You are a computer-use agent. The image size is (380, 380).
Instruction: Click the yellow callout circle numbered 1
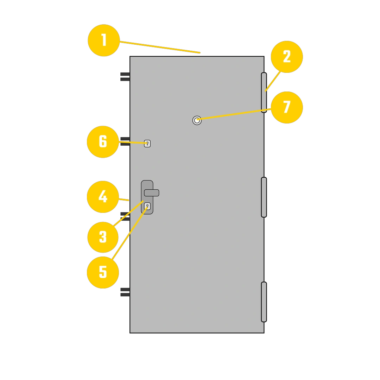point(104,40)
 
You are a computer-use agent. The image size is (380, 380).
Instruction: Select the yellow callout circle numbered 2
point(287,57)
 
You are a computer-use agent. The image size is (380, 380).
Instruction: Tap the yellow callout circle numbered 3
point(103,237)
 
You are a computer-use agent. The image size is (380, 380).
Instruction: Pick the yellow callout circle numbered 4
point(103,197)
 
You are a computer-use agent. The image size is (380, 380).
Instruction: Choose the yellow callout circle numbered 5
point(103,272)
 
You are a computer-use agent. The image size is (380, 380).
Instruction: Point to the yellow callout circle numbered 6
point(103,142)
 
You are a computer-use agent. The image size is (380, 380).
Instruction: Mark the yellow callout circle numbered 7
point(287,107)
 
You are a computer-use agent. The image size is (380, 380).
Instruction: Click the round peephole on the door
point(197,120)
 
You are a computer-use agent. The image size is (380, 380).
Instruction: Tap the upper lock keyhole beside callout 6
point(147,144)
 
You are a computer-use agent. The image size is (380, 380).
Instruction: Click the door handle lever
point(152,193)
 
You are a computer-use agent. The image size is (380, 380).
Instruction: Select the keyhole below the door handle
point(147,206)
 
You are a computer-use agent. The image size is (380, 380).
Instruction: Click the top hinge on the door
point(264,93)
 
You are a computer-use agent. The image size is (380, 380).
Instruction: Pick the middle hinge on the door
point(264,197)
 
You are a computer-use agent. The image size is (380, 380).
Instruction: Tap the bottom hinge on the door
point(264,302)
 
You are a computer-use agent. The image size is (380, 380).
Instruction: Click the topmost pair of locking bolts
point(125,77)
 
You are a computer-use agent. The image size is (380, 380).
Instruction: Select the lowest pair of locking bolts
point(125,292)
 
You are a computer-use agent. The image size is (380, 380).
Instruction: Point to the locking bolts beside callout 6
point(125,141)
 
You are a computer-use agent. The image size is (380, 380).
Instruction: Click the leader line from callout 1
point(160,47)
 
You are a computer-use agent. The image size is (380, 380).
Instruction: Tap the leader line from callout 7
point(234,114)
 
